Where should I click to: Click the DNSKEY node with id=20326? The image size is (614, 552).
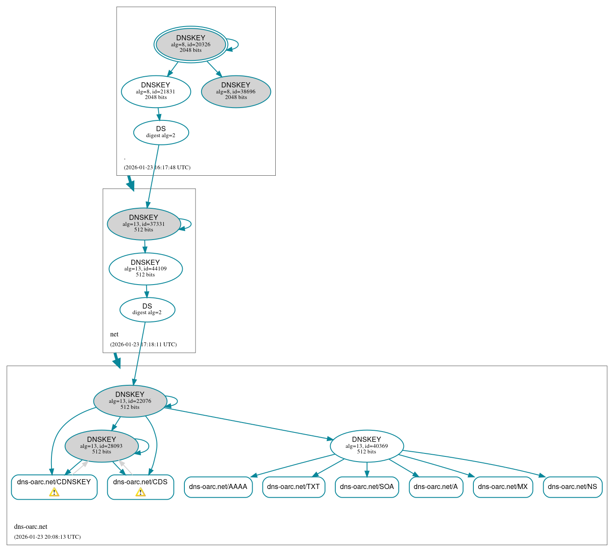pos(191,44)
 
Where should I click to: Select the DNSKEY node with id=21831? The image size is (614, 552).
pos(156,91)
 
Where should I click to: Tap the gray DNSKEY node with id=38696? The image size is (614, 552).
pos(236,91)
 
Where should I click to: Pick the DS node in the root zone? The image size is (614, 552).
pos(161,132)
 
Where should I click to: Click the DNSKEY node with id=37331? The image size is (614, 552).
pos(144,224)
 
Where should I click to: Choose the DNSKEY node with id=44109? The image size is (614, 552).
pos(145,269)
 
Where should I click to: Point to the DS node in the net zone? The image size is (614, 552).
pos(147,309)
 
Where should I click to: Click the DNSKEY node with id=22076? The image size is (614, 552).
pos(130,401)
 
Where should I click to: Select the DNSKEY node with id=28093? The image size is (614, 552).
pos(102,446)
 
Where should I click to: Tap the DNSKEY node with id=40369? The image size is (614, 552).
pos(367,446)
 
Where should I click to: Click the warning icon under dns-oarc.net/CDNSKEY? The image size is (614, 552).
pos(54,492)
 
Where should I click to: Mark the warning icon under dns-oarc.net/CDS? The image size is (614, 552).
pos(140,492)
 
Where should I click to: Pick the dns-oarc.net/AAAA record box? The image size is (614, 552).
pos(218,487)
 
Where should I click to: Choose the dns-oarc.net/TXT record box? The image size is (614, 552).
pos(293,487)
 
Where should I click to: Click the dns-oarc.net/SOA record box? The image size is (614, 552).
pos(367,487)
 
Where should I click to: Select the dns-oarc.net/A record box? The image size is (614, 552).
pos(436,487)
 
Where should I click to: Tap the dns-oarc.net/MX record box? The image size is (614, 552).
pos(503,487)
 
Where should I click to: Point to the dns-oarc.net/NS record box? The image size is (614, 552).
pos(572,487)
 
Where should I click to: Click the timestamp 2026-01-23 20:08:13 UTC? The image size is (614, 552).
pos(47,537)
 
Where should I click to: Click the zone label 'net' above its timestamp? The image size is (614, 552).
pos(114,334)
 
